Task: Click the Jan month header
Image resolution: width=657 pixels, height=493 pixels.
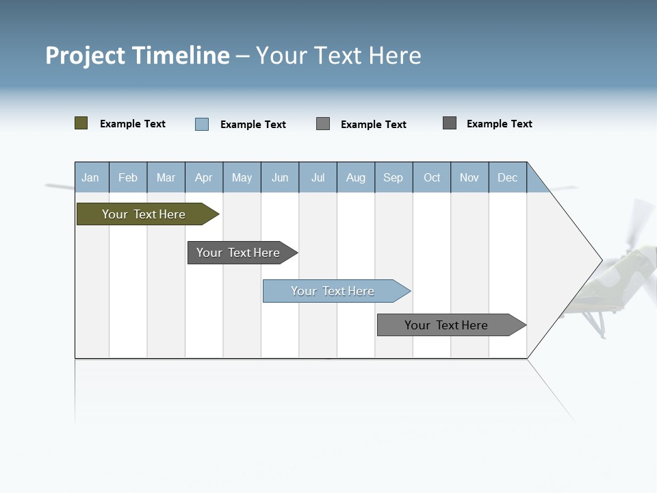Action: click(90, 177)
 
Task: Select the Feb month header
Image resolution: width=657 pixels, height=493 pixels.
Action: click(128, 177)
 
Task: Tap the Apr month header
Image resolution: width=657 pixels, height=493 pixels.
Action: click(204, 177)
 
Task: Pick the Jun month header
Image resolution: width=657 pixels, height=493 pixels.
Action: click(280, 177)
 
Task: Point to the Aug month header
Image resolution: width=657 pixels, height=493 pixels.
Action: click(356, 177)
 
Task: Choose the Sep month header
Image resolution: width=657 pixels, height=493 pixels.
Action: click(394, 177)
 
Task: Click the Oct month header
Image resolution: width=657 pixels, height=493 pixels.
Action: click(432, 177)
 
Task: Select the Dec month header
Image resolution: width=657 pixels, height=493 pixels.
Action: click(508, 177)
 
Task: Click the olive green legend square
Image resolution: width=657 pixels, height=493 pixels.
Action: click(81, 123)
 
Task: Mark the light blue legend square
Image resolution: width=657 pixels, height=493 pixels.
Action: click(202, 124)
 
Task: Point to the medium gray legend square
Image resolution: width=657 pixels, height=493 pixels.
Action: click(323, 123)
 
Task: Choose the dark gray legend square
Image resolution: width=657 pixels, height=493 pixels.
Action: click(450, 123)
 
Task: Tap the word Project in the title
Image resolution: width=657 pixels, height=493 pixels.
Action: click(86, 55)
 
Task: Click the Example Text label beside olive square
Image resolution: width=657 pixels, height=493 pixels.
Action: click(133, 124)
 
